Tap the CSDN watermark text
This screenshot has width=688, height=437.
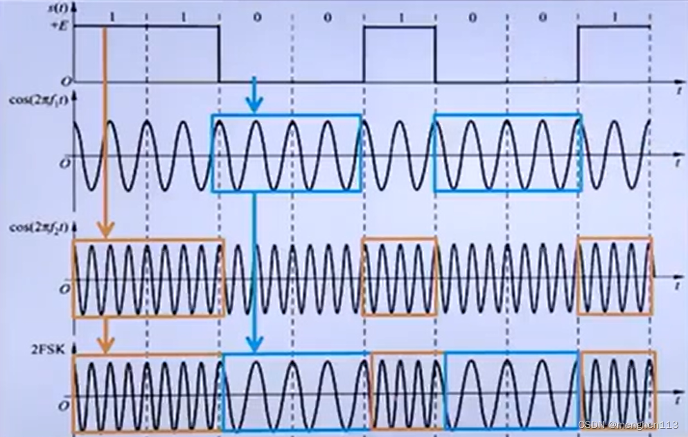[x=628, y=425]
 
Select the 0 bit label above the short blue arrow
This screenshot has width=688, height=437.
[x=256, y=17]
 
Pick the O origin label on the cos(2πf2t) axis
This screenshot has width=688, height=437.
[x=64, y=289]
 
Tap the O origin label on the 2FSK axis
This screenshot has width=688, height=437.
[x=64, y=406]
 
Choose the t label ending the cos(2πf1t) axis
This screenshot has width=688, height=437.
[x=678, y=165]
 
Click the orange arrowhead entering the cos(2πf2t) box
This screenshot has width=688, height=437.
[x=106, y=230]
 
